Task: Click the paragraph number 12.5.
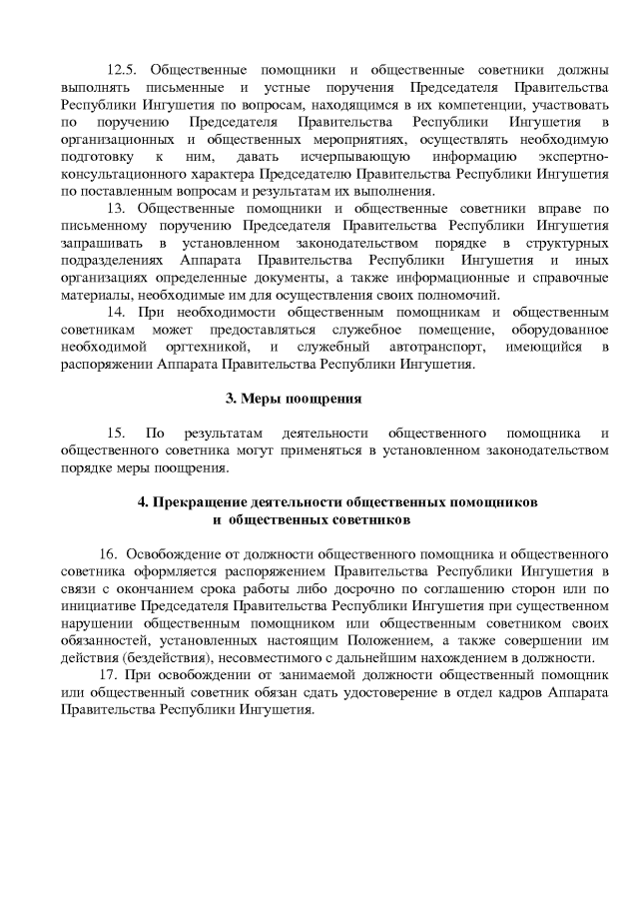[x=125, y=70]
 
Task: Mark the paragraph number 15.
[x=115, y=434]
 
